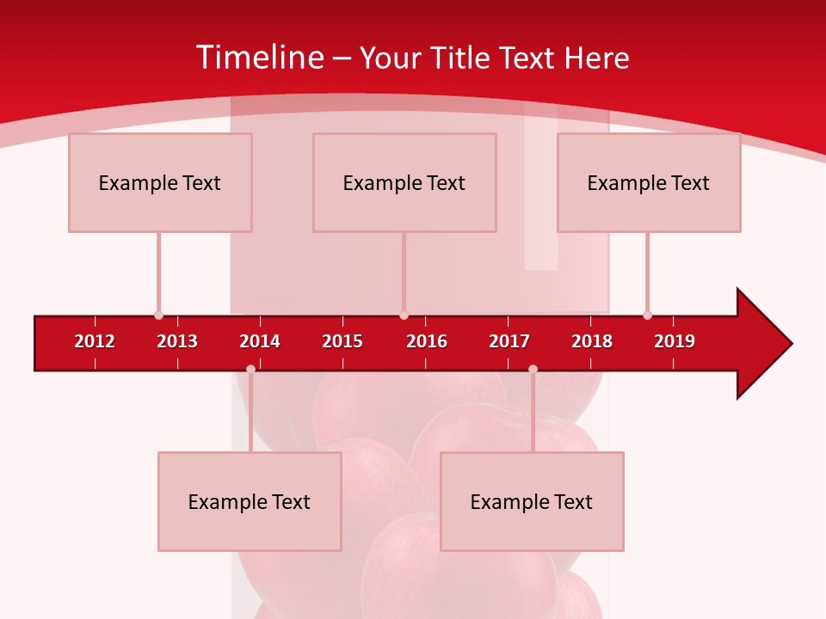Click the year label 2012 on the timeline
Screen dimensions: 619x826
pyautogui.click(x=95, y=341)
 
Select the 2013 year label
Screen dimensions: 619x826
pyautogui.click(x=177, y=341)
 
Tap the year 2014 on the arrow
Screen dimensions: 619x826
pyautogui.click(x=260, y=341)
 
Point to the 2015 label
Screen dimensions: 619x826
pyautogui.click(x=342, y=341)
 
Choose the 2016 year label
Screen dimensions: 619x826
pyautogui.click(x=427, y=341)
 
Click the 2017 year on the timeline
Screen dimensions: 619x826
pyautogui.click(x=509, y=341)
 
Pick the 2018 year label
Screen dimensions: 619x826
pyautogui.click(x=592, y=341)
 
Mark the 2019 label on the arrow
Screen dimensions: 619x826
pyautogui.click(x=675, y=341)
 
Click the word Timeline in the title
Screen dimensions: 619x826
pyautogui.click(x=259, y=58)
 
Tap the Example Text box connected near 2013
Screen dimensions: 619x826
pyautogui.click(x=160, y=182)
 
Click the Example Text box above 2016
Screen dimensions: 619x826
pyautogui.click(x=404, y=182)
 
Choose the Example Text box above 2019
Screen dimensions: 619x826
pyautogui.click(x=649, y=182)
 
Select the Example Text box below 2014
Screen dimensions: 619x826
pyautogui.click(x=250, y=501)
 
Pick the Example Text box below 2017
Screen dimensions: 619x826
pyautogui.click(x=532, y=501)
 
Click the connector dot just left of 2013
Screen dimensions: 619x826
pyautogui.click(x=158, y=315)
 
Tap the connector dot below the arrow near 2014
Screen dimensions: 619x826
pyautogui.click(x=250, y=369)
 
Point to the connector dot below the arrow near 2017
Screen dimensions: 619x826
pyautogui.click(x=533, y=369)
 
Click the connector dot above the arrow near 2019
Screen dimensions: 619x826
pyautogui.click(x=647, y=315)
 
